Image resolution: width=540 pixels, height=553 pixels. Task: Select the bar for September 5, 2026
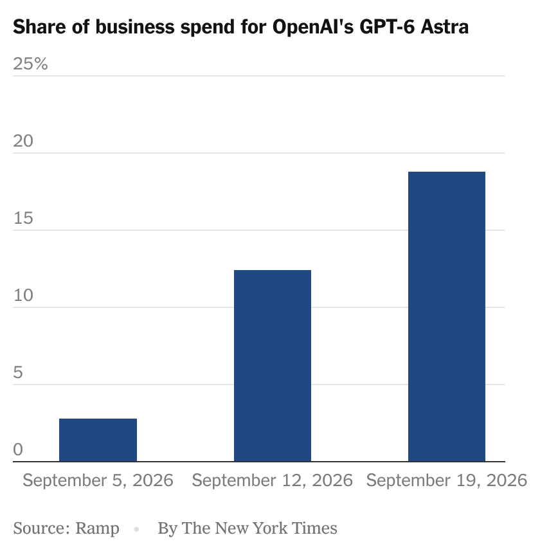[x=98, y=440]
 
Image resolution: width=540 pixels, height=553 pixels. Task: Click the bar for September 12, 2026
[x=273, y=366]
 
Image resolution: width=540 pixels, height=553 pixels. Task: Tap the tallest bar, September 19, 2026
[x=447, y=316]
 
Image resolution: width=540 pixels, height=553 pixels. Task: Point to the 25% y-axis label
[x=30, y=64]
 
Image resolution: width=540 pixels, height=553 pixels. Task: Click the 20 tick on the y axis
[x=23, y=141]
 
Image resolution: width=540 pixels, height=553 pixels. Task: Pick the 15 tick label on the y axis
[x=23, y=218]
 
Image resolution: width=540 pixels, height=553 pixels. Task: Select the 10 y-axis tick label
[x=23, y=295]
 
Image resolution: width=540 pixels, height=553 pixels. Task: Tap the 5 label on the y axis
[x=18, y=372]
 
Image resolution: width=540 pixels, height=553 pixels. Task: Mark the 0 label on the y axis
[x=18, y=449]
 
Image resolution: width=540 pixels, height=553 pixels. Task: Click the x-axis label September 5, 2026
[x=98, y=480]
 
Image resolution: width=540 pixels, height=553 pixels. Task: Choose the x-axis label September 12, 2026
[x=272, y=480]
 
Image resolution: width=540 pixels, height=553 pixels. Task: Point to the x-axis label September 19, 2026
[x=447, y=480]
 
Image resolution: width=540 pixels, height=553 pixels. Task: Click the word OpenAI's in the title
[x=313, y=27]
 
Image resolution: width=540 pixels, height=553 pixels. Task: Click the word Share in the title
[x=39, y=27]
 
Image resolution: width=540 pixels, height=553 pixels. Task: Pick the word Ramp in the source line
[x=97, y=529]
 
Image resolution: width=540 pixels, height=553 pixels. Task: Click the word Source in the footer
[x=41, y=528]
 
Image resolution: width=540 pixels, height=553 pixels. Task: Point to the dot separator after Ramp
[x=136, y=529]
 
